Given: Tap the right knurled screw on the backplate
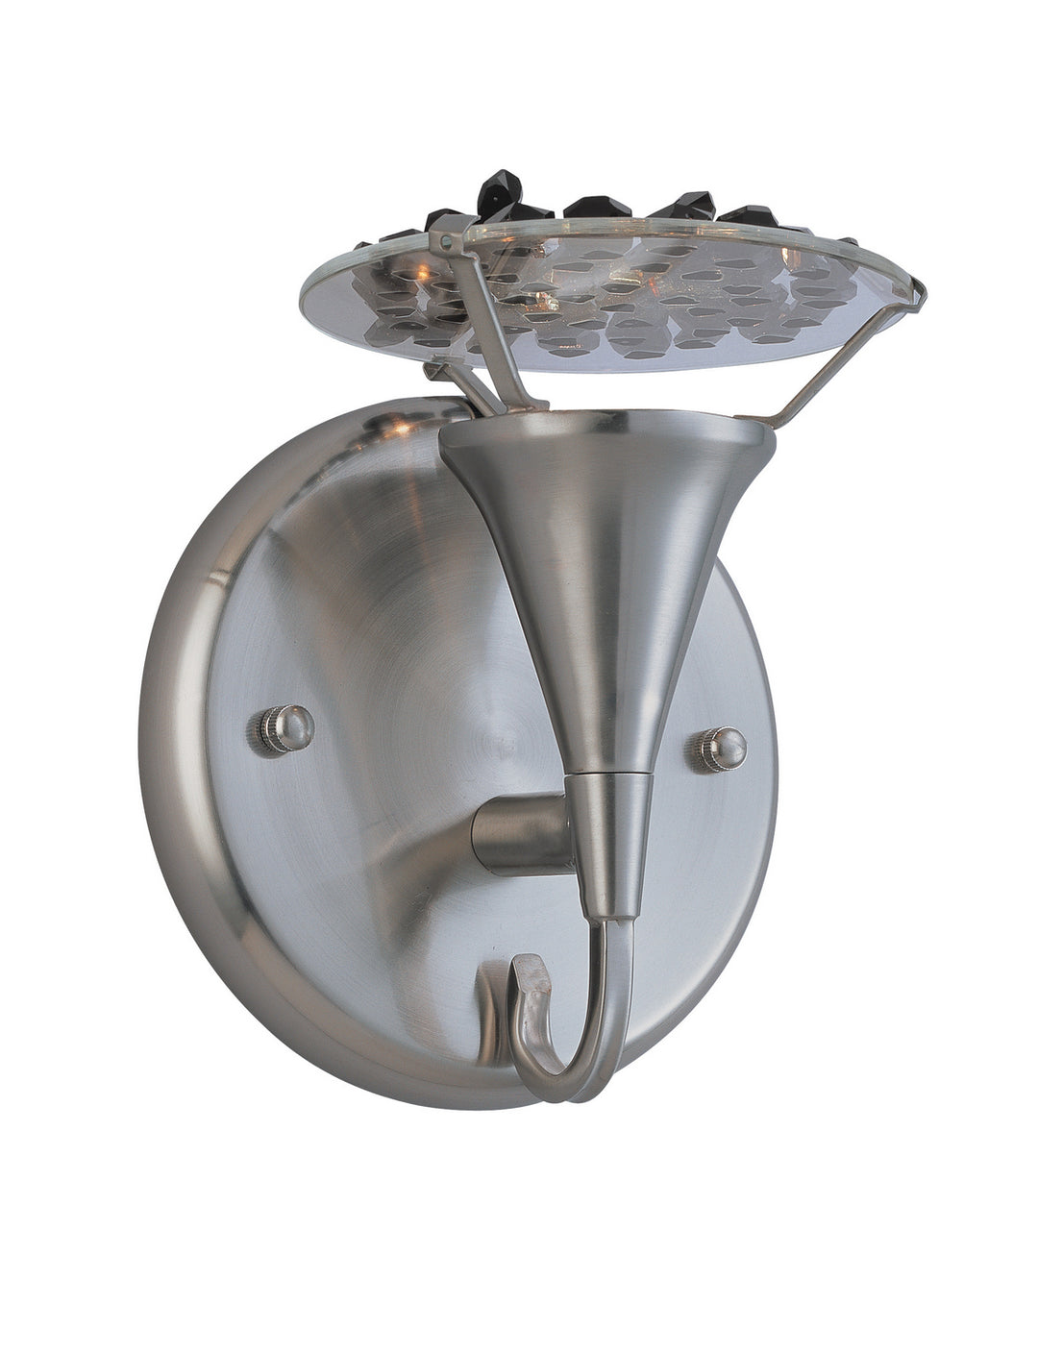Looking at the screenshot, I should coord(722,749).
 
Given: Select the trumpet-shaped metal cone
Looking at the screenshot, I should coord(605,557).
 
